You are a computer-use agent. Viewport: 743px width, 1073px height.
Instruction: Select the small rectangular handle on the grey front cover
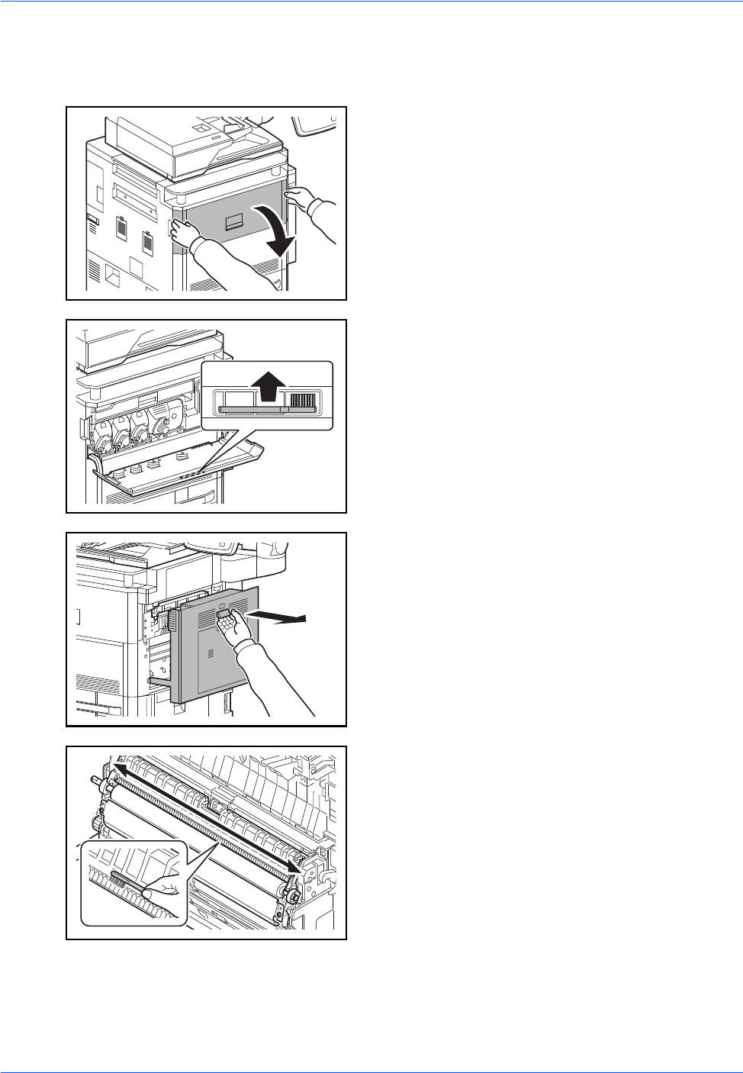233,223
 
